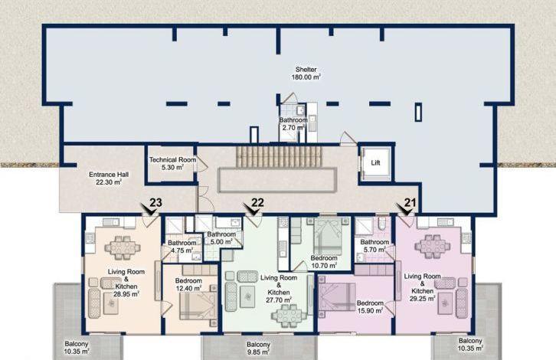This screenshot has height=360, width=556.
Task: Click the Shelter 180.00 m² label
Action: tap(306, 74)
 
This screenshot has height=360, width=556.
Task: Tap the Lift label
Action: tap(375, 163)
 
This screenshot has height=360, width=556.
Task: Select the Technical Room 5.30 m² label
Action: tap(172, 163)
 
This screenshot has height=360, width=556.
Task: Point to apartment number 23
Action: tap(155, 202)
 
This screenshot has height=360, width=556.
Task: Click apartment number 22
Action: tap(258, 202)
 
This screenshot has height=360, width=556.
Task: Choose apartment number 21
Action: tap(410, 202)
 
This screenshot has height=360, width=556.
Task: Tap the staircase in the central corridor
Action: tap(279, 157)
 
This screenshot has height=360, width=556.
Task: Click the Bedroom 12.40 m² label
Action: tap(188, 284)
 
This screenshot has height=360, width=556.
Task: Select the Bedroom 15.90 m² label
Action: tap(370, 307)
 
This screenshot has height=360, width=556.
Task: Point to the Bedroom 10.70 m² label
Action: tap(323, 262)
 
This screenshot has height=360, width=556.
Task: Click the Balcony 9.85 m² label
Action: tap(259, 349)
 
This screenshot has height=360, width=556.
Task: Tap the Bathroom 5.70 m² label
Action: tap(374, 246)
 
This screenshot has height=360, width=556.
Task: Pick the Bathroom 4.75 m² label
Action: tap(182, 247)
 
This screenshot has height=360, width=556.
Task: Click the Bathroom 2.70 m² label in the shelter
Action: tap(293, 124)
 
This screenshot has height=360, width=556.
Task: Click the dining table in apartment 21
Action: tap(433, 246)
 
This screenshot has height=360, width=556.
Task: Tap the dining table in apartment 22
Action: tap(289, 316)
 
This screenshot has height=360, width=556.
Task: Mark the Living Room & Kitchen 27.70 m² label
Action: tap(279, 289)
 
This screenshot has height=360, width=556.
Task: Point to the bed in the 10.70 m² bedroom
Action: tap(328, 236)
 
